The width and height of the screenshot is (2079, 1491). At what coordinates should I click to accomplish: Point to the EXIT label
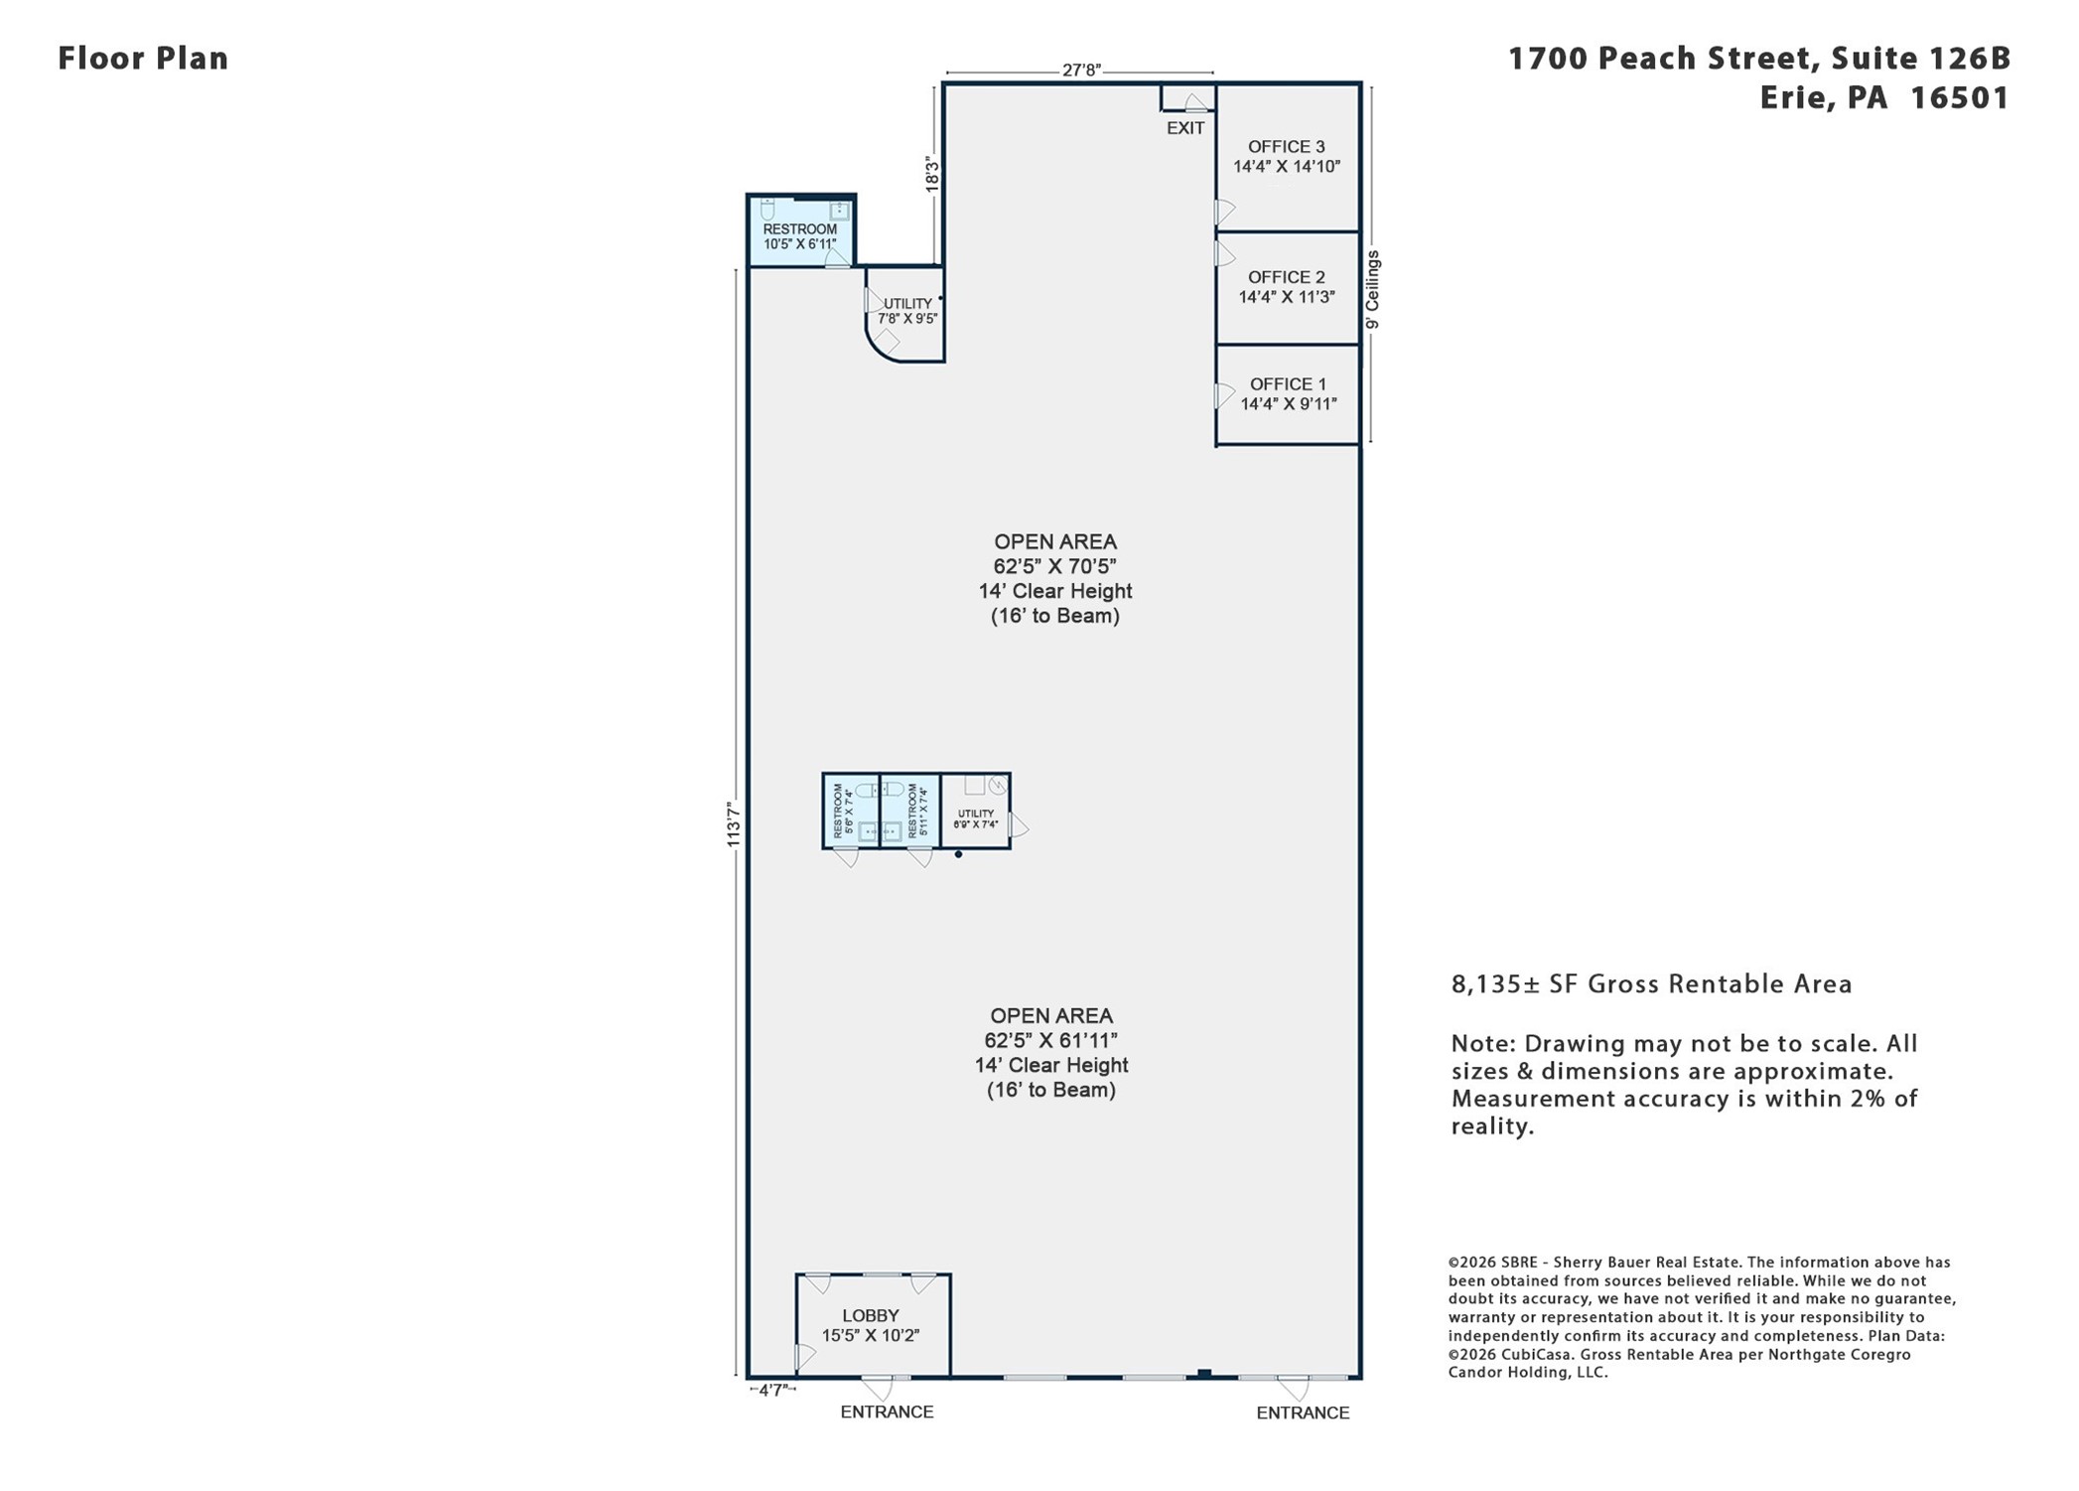click(1185, 128)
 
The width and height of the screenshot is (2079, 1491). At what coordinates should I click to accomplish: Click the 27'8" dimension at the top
click(1081, 71)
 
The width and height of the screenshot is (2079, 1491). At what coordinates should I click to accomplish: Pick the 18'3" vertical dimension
click(931, 174)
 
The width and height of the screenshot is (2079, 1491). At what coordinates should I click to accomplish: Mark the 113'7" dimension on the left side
click(734, 824)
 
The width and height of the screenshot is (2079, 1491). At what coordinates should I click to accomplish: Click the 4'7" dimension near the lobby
click(772, 1391)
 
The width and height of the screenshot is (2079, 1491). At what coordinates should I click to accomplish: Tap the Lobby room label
click(871, 1316)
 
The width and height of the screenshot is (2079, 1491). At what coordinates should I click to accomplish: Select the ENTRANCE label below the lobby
click(887, 1413)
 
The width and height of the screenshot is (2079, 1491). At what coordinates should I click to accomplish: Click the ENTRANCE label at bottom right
click(1303, 1414)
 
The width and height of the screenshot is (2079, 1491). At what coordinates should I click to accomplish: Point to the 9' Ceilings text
click(1372, 290)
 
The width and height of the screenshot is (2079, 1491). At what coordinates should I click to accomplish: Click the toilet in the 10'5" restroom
click(767, 209)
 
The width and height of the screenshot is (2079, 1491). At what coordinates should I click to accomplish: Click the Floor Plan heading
click(143, 59)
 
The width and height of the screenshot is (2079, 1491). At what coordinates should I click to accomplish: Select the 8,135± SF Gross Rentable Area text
click(1651, 984)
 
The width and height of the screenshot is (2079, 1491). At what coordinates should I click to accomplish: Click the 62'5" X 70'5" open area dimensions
click(1055, 566)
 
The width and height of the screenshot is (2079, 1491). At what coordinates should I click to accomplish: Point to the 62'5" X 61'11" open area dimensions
click(1051, 1040)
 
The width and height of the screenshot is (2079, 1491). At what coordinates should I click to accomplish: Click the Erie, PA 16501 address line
click(1884, 98)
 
